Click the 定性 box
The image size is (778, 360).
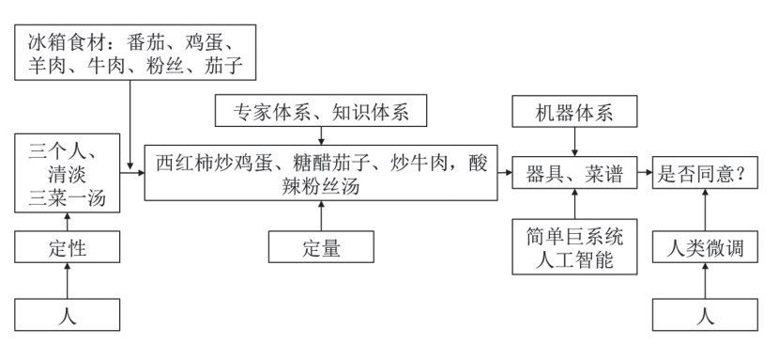pos(68,249)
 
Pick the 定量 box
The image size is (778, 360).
pos(320,249)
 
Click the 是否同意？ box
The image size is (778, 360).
pos(707,174)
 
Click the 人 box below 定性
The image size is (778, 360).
pos(68,315)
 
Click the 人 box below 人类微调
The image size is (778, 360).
pos(707,315)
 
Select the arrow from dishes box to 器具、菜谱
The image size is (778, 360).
pos(507,174)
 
